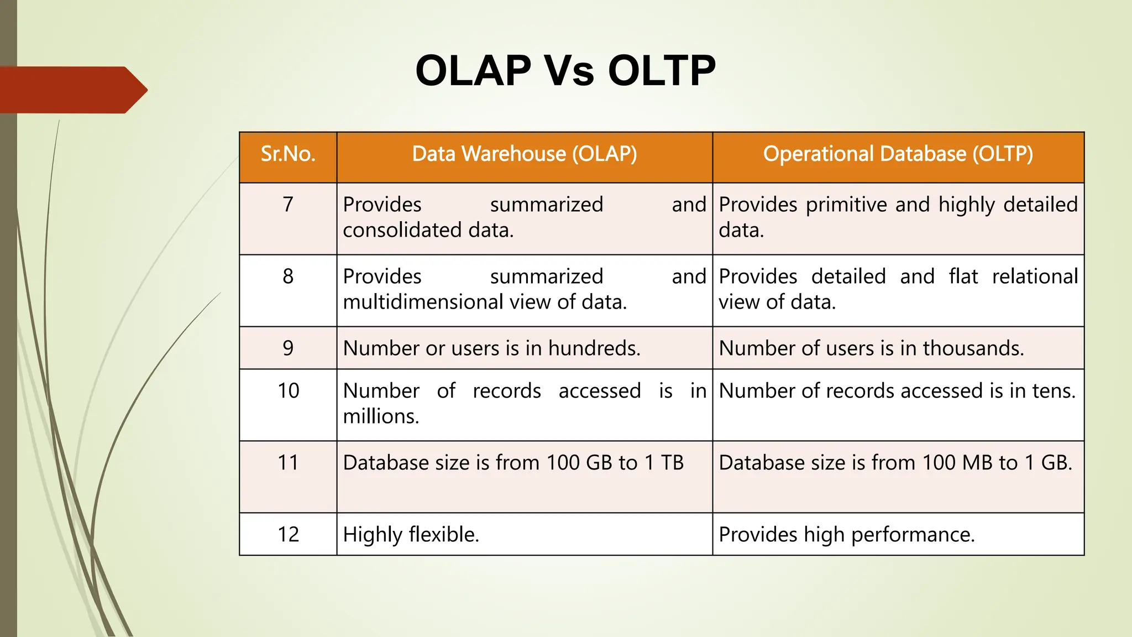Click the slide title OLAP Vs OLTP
coord(565,71)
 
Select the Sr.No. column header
coord(288,154)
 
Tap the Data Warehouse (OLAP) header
coord(525,154)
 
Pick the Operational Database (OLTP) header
coord(898,154)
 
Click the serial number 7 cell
coord(288,205)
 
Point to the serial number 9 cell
coord(288,348)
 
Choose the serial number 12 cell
coord(288,535)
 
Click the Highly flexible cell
coord(411,535)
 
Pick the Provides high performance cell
coord(846,535)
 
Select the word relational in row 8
coord(1035,276)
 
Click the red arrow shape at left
coord(72,90)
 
